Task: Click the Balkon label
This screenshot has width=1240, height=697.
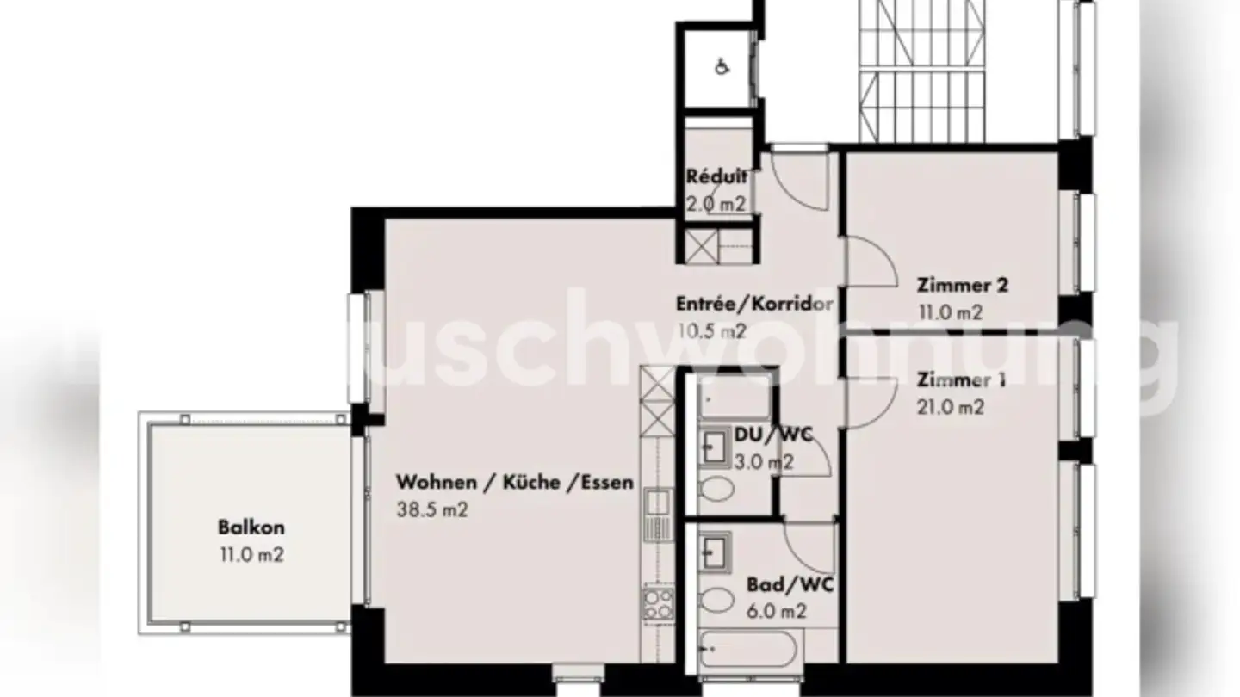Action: (251, 527)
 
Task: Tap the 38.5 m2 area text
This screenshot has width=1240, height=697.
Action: (431, 509)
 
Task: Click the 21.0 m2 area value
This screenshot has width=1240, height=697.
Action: (951, 408)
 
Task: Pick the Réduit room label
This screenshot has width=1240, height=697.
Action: (716, 177)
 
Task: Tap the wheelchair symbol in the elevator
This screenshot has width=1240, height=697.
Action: (722, 67)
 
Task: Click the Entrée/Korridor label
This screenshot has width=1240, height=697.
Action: (754, 303)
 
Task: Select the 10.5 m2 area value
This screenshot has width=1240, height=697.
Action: (710, 330)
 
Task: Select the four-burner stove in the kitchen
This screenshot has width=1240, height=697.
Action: (659, 601)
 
